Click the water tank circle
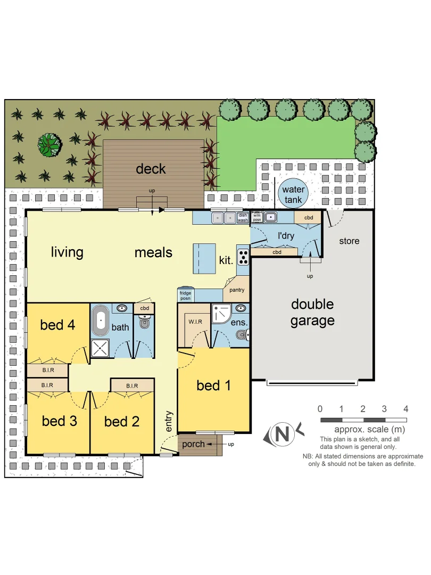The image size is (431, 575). click(293, 195)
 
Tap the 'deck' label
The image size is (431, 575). click(151, 169)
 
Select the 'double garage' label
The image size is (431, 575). click(312, 313)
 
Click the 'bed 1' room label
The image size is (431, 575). click(213, 385)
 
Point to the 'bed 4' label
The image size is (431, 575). click(57, 324)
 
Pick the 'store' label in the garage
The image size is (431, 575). click(349, 241)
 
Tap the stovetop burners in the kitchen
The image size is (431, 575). click(243, 257)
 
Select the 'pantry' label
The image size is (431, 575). click(237, 291)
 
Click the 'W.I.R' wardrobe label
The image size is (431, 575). click(194, 322)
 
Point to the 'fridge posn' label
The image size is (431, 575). click(185, 295)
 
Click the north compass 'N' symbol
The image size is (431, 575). click(283, 434)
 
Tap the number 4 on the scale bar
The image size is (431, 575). click(406, 409)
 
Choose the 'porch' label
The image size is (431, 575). click(193, 444)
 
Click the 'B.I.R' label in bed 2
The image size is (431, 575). click(132, 386)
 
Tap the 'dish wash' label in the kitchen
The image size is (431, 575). click(243, 217)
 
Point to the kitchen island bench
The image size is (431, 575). click(204, 258)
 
